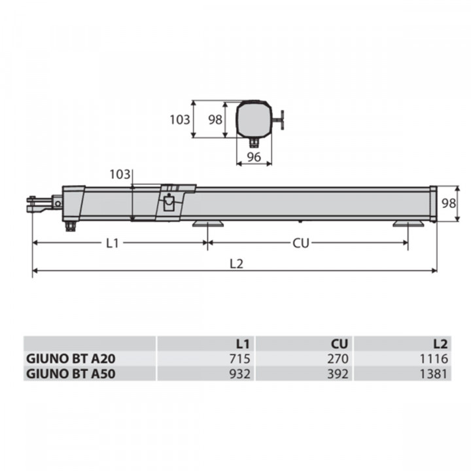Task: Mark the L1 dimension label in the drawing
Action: (113, 243)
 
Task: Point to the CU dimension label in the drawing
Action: (300, 243)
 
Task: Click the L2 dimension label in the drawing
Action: (236, 264)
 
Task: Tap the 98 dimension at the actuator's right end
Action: (447, 203)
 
